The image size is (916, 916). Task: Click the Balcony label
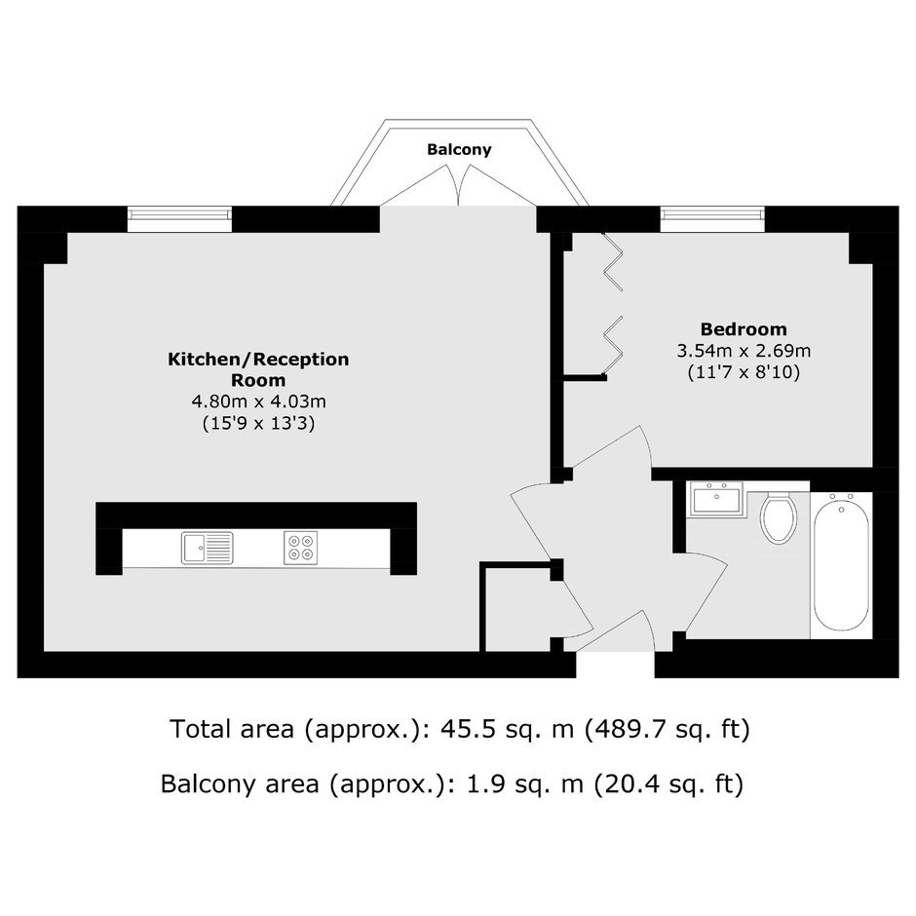[459, 149]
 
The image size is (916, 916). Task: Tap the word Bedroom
[744, 329]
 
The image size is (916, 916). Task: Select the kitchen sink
[207, 548]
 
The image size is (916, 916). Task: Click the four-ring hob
[301, 548]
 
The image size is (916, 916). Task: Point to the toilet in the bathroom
[779, 516]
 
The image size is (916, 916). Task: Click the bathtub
[841, 561]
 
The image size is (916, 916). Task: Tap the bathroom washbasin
[715, 499]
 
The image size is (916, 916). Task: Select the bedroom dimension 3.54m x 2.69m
[744, 351]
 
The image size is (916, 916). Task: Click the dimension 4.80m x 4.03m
[258, 401]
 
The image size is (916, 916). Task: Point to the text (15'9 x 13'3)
[258, 422]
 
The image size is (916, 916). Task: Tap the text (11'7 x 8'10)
[744, 371]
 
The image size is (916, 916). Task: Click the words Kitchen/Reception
[258, 359]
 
